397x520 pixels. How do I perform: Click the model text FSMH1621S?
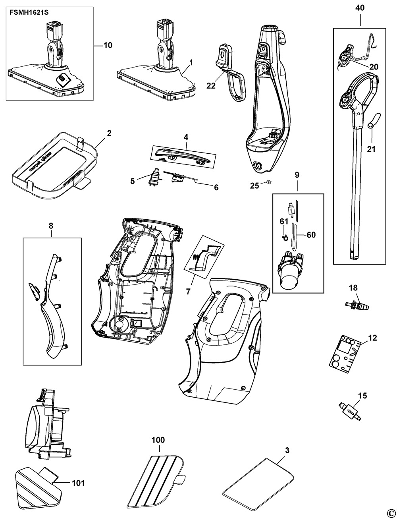(29, 13)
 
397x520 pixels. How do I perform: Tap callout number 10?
(108, 45)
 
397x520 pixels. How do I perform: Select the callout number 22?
(211, 85)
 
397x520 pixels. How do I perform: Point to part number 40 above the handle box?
(360, 8)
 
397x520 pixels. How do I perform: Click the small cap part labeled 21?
(374, 121)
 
